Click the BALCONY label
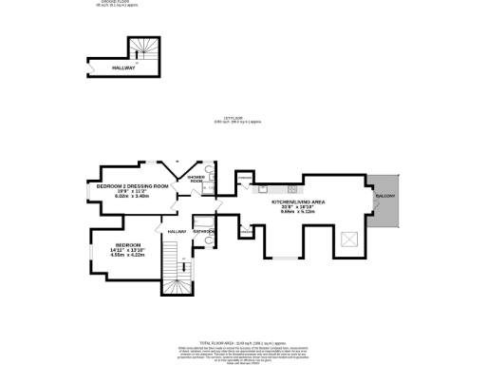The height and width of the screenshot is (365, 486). click(384, 197)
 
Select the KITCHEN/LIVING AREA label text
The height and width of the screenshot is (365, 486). click(299, 202)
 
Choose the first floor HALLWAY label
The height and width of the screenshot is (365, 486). click(177, 232)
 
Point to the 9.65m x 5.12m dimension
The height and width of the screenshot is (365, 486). click(299, 213)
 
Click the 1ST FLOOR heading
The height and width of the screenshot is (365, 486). click(237, 118)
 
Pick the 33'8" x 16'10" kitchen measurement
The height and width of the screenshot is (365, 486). click(299, 207)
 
